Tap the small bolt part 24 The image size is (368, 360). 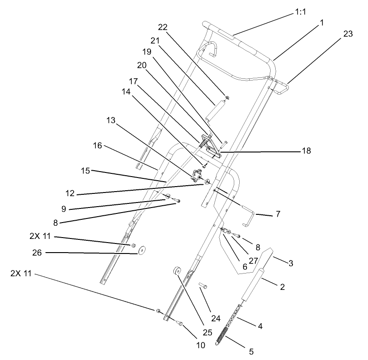click(x=203, y=286)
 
